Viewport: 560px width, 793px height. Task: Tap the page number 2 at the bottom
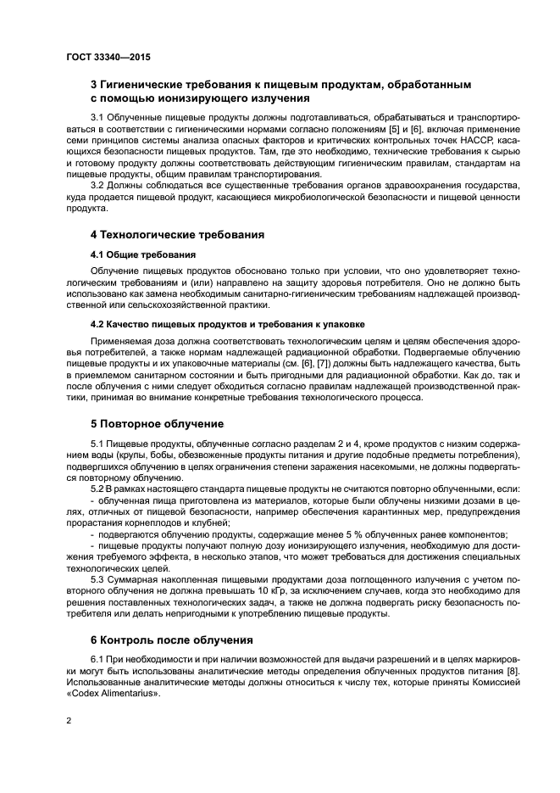point(69,719)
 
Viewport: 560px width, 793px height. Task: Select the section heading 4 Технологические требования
point(178,234)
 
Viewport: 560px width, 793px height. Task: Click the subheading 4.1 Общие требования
point(142,254)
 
